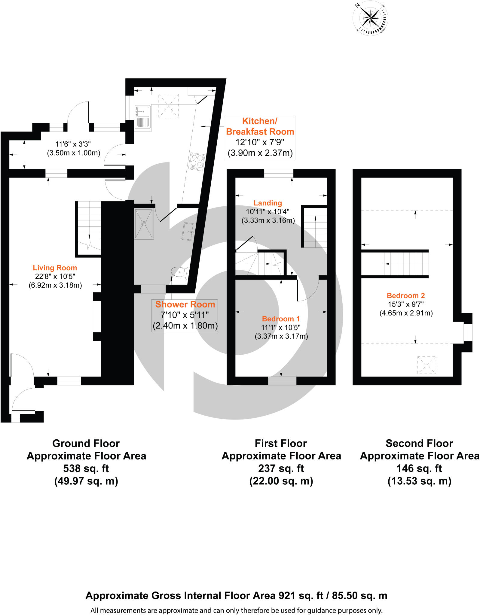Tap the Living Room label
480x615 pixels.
(55, 268)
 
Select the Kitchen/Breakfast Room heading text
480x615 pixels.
(260, 126)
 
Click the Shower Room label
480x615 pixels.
(185, 304)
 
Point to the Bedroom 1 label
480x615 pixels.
(281, 319)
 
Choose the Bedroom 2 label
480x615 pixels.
(406, 295)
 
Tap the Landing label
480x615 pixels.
(268, 203)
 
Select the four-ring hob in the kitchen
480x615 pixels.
(197, 162)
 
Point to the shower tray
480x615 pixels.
(144, 224)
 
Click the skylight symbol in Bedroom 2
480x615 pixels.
(426, 365)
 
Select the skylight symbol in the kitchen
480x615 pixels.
(168, 106)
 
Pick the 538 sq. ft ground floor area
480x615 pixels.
(86, 468)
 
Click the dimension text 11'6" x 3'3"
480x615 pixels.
(73, 144)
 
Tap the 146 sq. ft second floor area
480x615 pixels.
(419, 468)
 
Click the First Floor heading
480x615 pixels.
(281, 443)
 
